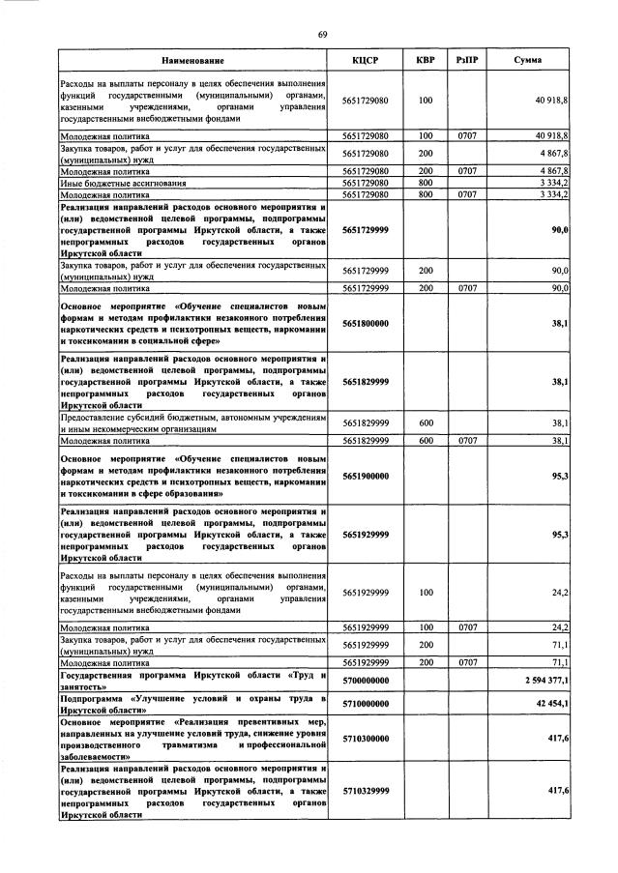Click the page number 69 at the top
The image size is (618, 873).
(x=323, y=35)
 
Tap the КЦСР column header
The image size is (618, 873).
(x=365, y=61)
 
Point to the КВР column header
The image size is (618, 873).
(x=425, y=61)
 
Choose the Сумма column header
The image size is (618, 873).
(x=527, y=61)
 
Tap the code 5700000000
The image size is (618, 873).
(x=365, y=681)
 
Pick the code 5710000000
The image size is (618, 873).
(x=365, y=703)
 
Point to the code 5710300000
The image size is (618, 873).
(x=365, y=737)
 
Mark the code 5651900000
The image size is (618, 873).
(x=365, y=476)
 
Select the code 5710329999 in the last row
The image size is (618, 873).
(x=365, y=790)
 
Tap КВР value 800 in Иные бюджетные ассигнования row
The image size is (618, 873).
(x=425, y=182)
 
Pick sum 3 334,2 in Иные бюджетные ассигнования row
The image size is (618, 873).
(x=552, y=182)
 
